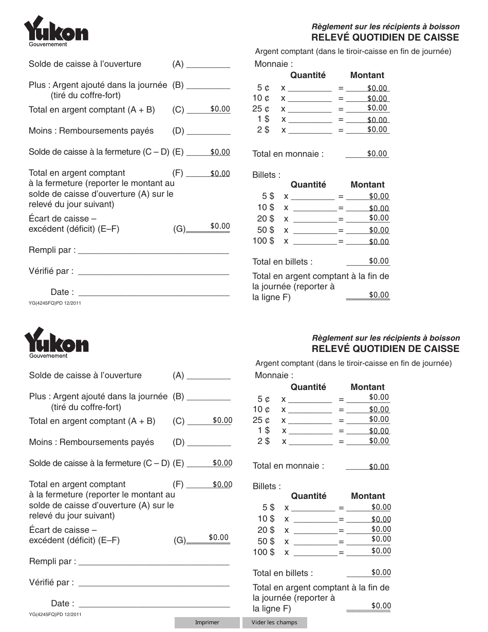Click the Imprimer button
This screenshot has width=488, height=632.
click(207, 622)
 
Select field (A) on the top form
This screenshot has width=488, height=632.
click(208, 64)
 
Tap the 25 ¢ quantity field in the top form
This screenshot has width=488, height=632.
click(310, 108)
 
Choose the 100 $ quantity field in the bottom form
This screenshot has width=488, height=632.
click(314, 552)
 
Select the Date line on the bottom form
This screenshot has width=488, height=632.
click(154, 603)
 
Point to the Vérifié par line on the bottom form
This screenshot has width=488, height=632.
click(154, 582)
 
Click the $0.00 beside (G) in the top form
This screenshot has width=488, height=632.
click(220, 226)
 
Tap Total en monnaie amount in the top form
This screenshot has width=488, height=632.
click(377, 154)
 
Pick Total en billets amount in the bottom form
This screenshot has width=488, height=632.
click(381, 572)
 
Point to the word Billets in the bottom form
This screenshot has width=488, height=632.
click(267, 486)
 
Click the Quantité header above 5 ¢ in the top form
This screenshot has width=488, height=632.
click(308, 75)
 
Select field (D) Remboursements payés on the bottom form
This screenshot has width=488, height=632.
click(209, 442)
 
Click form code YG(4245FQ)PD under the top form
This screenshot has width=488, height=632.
click(55, 303)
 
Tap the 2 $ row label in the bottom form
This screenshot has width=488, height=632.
click(264, 441)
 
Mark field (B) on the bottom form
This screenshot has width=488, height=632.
click(209, 397)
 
